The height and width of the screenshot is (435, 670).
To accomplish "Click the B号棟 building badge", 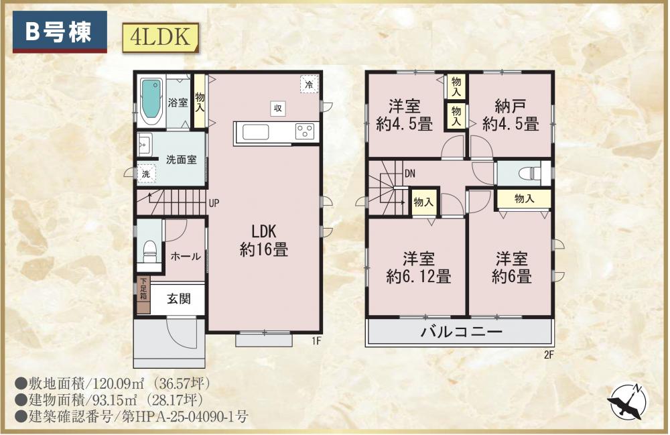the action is pos(60,32).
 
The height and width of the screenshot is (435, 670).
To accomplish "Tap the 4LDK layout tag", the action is pos(161,37).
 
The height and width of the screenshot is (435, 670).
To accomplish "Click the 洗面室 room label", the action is pos(181,160).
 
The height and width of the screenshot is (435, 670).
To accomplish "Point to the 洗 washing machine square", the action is pos(146,174).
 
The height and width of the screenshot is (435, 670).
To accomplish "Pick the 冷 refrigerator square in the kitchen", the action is pos(309,84).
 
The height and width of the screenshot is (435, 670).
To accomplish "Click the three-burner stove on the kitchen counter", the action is pos(305,131).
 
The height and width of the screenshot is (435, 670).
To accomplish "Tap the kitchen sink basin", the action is pos(255,132).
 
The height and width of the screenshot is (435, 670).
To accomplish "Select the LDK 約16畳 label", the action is pos(264,240).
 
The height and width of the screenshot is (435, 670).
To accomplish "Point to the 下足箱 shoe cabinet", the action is pos(143,296).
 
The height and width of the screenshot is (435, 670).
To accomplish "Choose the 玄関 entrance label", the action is pos(179,298).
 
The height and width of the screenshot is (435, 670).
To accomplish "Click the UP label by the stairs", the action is pos(214,203).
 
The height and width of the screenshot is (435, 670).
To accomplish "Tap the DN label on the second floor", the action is pos(410,174).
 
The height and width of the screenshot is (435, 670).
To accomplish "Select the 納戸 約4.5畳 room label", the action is pos(510,115).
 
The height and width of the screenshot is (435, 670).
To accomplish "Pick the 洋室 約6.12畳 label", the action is pos(418,267).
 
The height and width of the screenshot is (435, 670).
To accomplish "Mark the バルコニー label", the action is pos(462,332).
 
